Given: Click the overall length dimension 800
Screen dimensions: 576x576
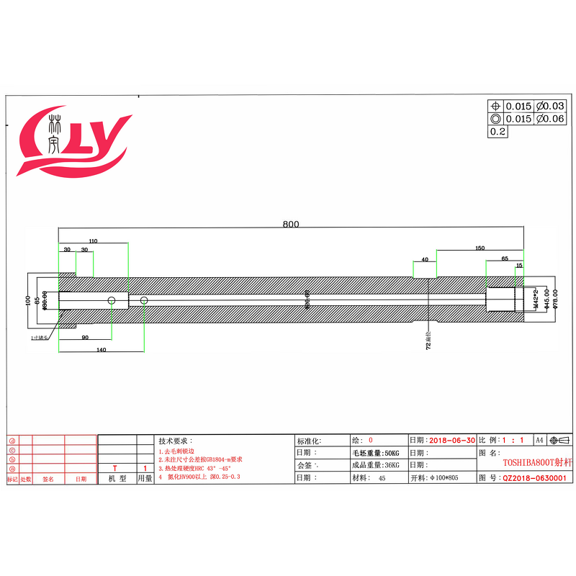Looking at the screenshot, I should (x=290, y=224).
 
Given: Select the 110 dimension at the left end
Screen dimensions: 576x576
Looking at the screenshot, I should (x=93, y=240).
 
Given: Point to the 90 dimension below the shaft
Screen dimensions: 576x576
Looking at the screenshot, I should (x=85, y=337).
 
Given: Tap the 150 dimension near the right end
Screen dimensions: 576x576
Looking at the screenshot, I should (x=480, y=248).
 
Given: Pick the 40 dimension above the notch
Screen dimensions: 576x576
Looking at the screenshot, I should (x=425, y=258).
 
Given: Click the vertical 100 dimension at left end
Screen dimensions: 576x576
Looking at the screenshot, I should (x=27, y=300).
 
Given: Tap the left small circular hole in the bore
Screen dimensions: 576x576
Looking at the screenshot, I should (x=112, y=300).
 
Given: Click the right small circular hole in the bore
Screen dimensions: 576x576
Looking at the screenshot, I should (x=144, y=300).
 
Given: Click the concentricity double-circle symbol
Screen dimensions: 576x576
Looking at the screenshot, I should (x=495, y=119).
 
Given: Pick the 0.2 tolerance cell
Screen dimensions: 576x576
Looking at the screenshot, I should (x=498, y=132).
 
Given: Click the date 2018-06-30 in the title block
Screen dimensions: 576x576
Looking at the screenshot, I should (x=451, y=440).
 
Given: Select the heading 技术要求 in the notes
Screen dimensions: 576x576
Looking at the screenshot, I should (x=175, y=441).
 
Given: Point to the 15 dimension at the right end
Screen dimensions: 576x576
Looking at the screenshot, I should (x=519, y=266).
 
